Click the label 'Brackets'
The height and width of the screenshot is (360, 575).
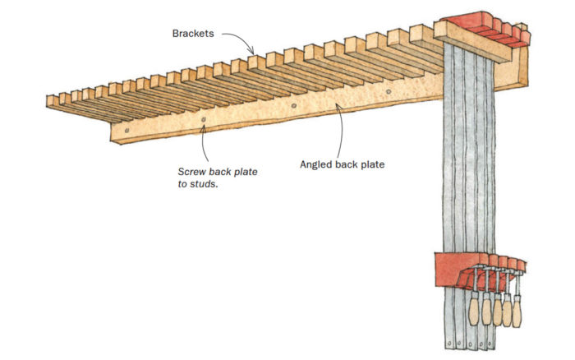tap(194, 35)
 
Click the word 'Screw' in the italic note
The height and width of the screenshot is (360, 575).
tap(193, 172)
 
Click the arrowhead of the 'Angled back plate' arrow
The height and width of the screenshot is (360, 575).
tap(339, 107)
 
